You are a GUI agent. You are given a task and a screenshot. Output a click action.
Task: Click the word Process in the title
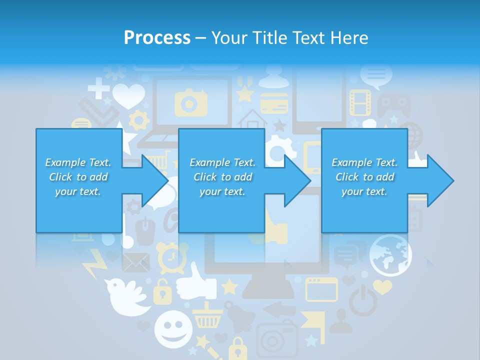tap(157, 38)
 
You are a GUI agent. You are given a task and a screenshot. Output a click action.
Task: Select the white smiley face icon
tap(173, 329)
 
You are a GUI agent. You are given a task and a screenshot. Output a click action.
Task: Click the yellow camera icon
tap(190, 103)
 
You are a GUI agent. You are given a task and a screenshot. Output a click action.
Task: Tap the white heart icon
tap(128, 95)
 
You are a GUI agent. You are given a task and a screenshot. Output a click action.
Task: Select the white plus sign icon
tap(98, 90)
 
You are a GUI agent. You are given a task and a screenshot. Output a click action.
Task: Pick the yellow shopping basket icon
tap(207, 315)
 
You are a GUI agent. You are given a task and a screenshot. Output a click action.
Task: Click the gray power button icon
tap(361, 300)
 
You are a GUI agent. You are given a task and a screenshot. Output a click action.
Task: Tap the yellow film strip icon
tap(359, 102)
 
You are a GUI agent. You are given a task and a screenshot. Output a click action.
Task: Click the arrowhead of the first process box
tap(155, 180)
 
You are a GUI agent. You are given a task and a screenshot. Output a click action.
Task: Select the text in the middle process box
tap(222, 177)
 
